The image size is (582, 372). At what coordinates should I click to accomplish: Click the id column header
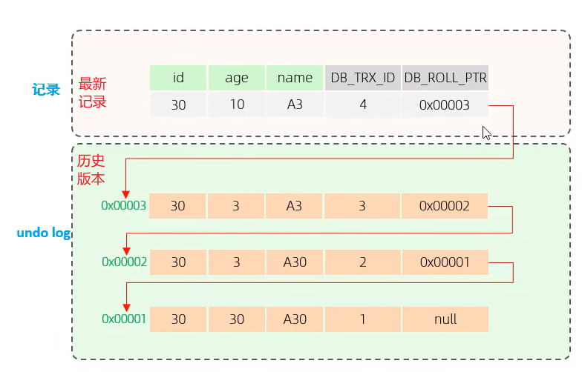pos(178,78)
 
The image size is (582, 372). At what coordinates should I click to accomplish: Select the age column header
pos(236,78)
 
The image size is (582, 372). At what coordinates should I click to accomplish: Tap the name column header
pos(295,78)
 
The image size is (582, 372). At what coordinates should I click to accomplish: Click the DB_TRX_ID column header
pos(362,78)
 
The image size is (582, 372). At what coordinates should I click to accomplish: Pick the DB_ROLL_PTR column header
pos(445,78)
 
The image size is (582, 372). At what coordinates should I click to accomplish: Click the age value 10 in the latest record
pos(236,105)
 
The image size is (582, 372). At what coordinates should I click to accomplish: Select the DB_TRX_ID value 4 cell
pos(362,105)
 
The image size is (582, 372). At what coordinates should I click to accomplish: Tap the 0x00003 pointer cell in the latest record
pos(445,105)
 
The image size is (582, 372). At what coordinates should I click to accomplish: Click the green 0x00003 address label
pos(123,206)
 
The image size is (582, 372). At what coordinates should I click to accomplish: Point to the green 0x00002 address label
pos(125,262)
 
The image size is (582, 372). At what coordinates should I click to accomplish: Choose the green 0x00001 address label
pos(124,319)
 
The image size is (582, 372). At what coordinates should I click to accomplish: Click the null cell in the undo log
pos(445,319)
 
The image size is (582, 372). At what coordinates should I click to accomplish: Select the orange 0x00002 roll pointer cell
pos(444,206)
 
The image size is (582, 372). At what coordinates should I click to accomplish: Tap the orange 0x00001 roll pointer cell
pos(445,262)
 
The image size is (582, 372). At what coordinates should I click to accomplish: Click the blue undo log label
pos(44,233)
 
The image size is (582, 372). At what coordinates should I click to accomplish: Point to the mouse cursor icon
pos(486,133)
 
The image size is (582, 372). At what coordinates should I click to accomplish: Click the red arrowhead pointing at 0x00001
pos(126,308)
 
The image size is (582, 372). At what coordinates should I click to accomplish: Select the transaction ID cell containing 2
pos(362,262)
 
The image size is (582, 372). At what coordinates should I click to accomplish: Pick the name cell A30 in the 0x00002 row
pos(295,262)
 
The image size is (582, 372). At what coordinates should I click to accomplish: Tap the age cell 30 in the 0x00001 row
pos(236,319)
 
